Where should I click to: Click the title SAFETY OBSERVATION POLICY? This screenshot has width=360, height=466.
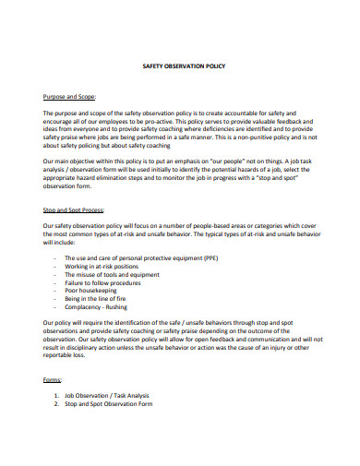[181, 66]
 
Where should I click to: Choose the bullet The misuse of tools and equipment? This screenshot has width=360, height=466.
[113, 274]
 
